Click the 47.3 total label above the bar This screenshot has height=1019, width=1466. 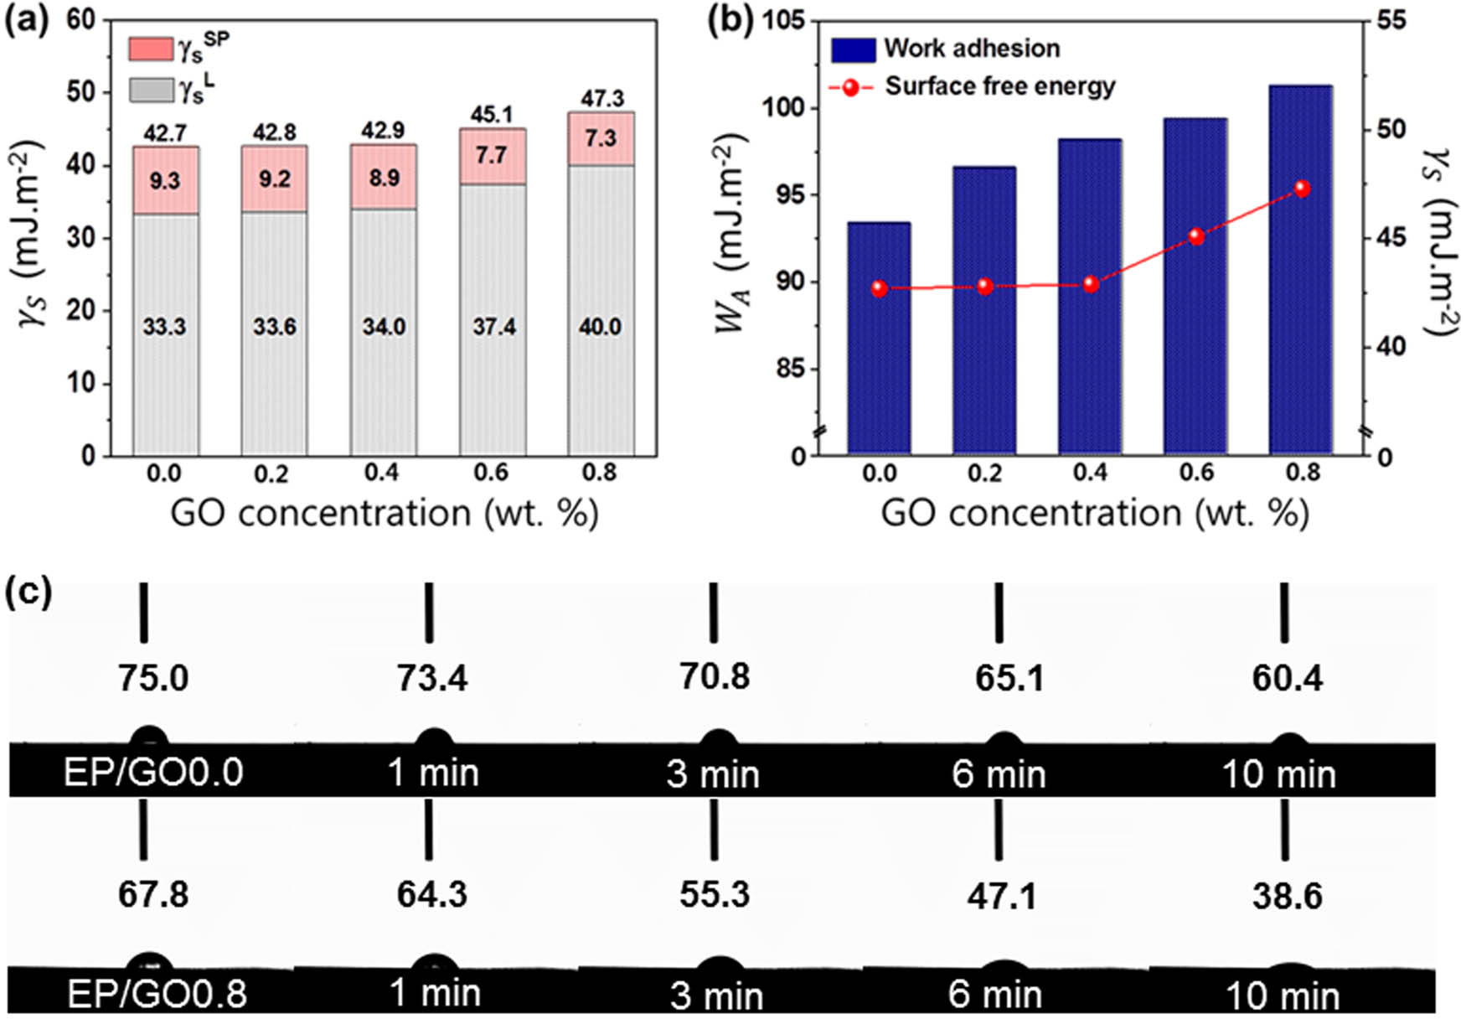tap(602, 98)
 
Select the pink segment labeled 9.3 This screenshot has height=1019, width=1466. tap(165, 181)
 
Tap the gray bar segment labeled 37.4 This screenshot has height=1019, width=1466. tap(493, 327)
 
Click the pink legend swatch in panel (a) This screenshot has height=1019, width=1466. tap(151, 49)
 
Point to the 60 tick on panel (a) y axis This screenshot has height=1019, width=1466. tap(81, 19)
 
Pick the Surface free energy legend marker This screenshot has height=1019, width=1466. tap(851, 87)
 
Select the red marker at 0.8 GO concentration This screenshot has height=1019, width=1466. tap(1302, 189)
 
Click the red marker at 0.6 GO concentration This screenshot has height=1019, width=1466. tap(1196, 236)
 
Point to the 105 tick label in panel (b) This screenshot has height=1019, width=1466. tap(782, 20)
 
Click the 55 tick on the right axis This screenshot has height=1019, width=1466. tap(1391, 20)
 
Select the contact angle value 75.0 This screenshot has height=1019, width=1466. tap(152, 677)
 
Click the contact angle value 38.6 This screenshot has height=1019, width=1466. tap(1287, 896)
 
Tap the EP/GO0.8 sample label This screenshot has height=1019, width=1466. tap(157, 994)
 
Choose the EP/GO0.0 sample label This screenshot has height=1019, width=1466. tap(153, 772)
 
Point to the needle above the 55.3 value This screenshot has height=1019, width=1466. tap(714, 830)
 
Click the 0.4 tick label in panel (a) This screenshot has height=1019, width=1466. tap(382, 473)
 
